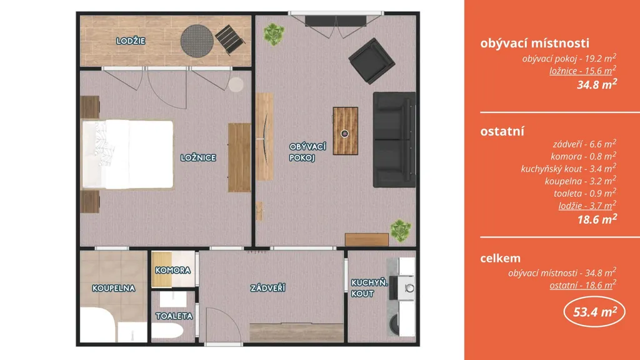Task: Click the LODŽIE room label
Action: (131, 41)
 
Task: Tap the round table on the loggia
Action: (197, 41)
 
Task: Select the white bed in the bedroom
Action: (127, 154)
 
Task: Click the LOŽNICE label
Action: (198, 157)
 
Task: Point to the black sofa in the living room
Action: (394, 139)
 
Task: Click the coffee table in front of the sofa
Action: (345, 131)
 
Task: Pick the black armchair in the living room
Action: (371, 61)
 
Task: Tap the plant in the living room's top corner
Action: (273, 34)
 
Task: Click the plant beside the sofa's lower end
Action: (401, 231)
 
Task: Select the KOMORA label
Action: (172, 270)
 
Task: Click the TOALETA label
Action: (174, 316)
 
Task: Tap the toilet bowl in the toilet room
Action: (168, 331)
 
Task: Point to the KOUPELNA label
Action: (114, 288)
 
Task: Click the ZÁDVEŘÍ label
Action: (267, 287)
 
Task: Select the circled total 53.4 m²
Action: (594, 312)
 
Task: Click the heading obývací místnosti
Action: (535, 43)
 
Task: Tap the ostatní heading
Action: (502, 131)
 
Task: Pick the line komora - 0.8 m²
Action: (583, 156)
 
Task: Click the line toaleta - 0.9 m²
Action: (585, 192)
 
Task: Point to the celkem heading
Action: (501, 258)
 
